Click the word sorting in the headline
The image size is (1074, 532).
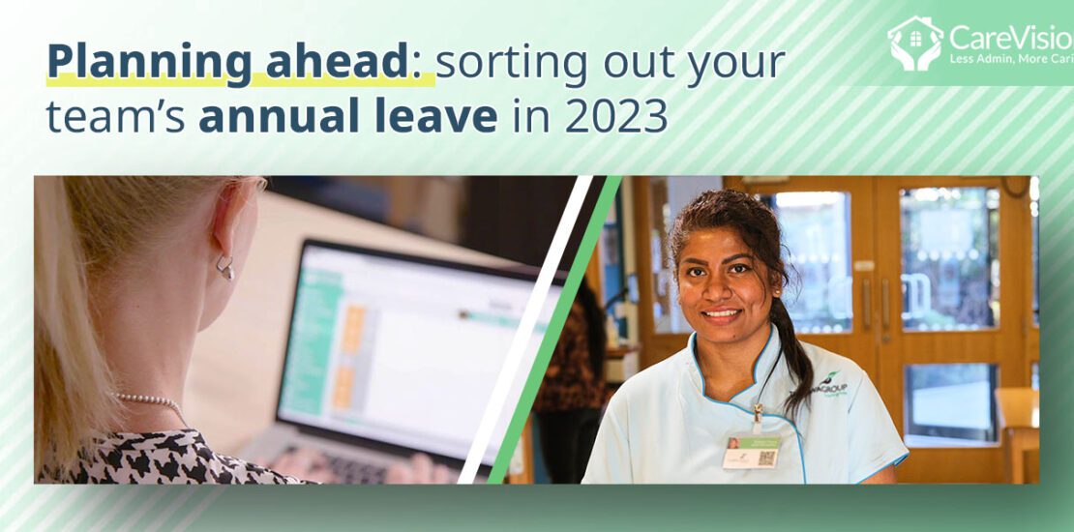coord(503,64)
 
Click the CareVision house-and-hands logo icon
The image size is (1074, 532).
coord(915,44)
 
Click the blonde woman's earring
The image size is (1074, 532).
coord(224,268)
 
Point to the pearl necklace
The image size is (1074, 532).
coord(150,399)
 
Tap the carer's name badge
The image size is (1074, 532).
coord(751,451)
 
